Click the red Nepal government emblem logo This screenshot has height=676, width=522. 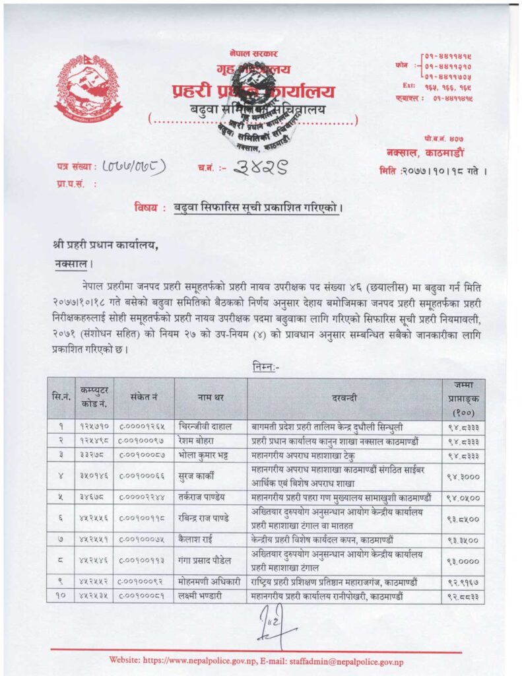point(88,87)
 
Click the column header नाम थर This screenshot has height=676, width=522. point(211,398)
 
